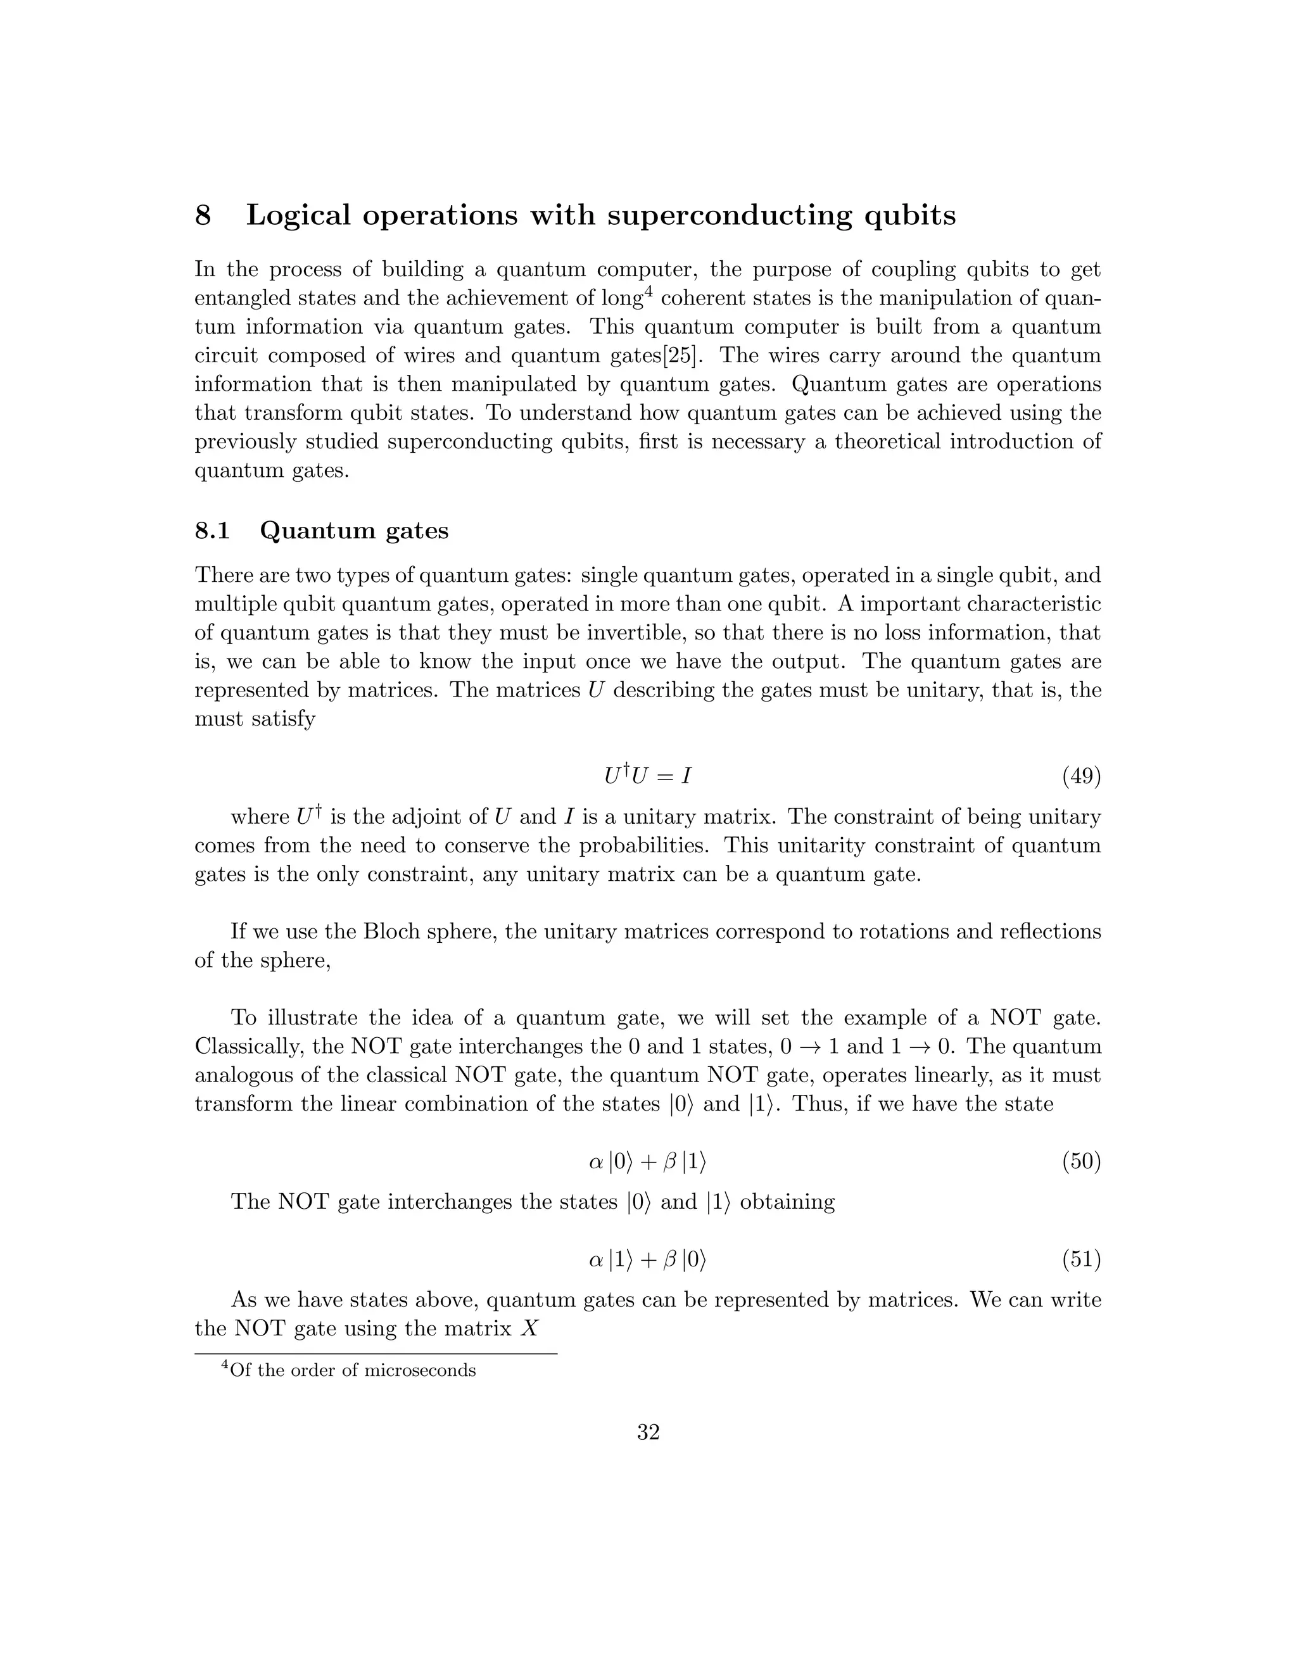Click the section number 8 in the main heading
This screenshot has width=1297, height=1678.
pyautogui.click(x=203, y=215)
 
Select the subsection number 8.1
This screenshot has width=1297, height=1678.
pyautogui.click(x=212, y=531)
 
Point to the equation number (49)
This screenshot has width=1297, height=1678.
pyautogui.click(x=1081, y=777)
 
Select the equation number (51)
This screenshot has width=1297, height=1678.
pyautogui.click(x=1081, y=1259)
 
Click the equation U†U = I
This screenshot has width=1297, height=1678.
pyautogui.click(x=648, y=776)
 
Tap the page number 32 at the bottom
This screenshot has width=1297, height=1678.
pyautogui.click(x=648, y=1432)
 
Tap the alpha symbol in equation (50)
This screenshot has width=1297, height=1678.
pyautogui.click(x=595, y=1162)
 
